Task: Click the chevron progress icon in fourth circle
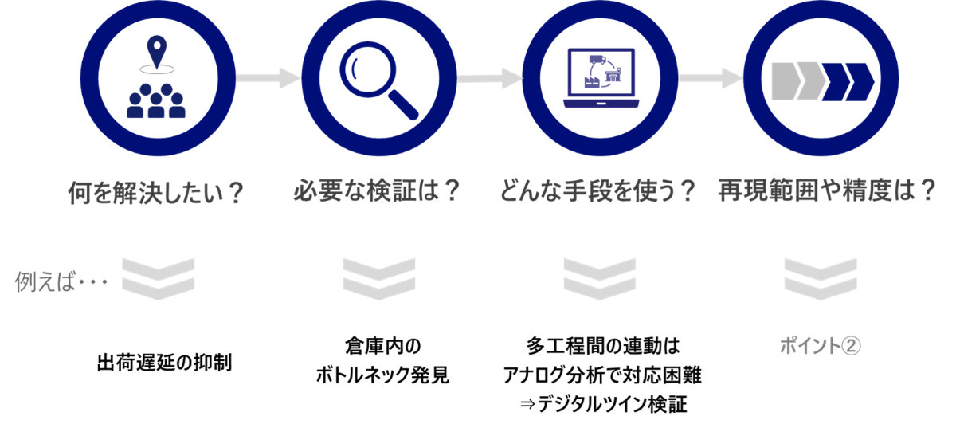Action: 822,80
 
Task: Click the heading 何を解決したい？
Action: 155,194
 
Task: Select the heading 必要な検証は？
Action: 378,192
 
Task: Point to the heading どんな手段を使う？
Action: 598,192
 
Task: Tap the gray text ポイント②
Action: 821,346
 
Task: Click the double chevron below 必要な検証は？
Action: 378,277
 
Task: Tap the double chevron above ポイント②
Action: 821,277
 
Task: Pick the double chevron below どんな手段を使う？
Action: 599,277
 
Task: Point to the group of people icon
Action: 157,101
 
